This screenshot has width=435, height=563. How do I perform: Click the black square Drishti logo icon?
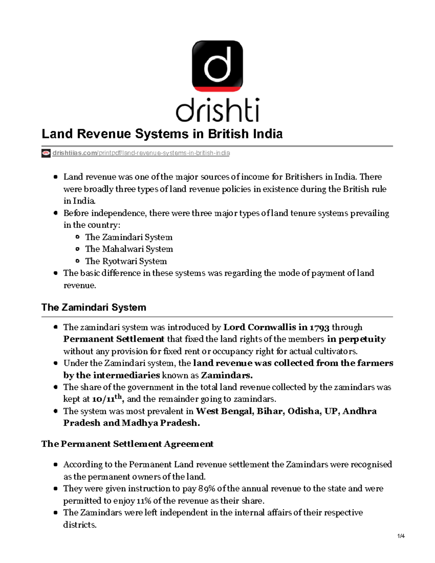click(x=217, y=66)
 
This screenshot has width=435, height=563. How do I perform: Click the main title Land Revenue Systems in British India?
click(x=162, y=134)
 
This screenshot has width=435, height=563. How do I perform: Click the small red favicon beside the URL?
click(x=46, y=153)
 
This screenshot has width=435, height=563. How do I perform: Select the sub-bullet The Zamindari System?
click(x=129, y=237)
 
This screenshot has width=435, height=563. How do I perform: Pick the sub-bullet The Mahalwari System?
click(x=129, y=249)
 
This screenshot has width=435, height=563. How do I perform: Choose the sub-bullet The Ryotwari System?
click(x=126, y=261)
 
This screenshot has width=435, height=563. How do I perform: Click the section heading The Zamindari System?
click(x=94, y=307)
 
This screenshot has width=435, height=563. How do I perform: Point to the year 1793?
click(x=319, y=327)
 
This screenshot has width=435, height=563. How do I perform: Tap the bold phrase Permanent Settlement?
click(x=114, y=339)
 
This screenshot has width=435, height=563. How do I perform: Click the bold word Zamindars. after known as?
click(x=227, y=375)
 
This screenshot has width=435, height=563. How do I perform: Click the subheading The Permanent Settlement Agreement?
click(x=127, y=444)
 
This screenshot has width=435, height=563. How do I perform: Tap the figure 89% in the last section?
click(x=205, y=489)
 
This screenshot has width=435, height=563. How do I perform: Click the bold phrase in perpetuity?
click(x=356, y=339)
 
